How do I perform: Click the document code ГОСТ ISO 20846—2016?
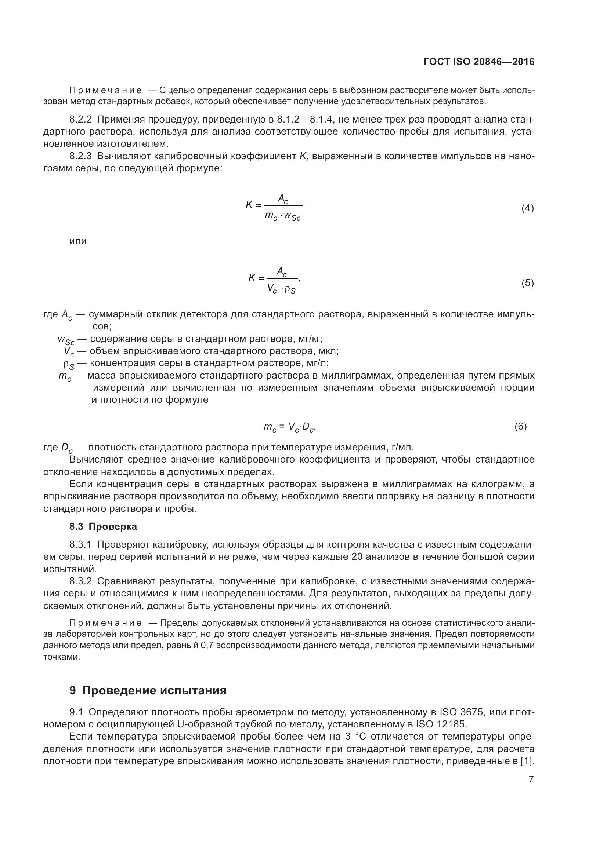[479, 62]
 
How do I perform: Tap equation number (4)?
[527, 208]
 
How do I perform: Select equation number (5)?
[527, 283]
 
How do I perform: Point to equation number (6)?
[520, 426]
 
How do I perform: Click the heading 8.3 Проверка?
[103, 526]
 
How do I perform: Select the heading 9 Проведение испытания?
[148, 690]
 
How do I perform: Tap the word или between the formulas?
[78, 241]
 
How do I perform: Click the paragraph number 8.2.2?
[80, 120]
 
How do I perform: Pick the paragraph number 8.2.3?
[80, 156]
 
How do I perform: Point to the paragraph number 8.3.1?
[80, 544]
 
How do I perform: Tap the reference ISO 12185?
[441, 724]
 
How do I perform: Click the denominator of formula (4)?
[283, 216]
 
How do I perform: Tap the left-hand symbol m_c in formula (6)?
[270, 427]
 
